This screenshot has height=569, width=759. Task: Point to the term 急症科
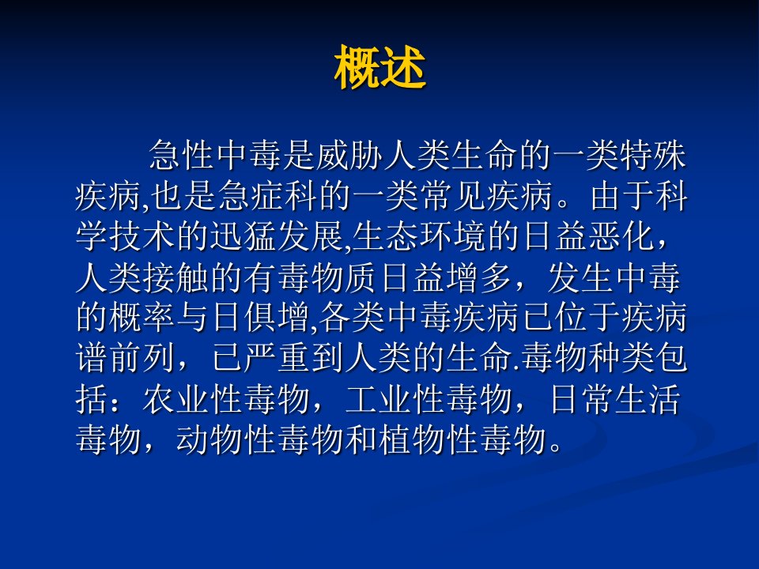pyautogui.click(x=269, y=197)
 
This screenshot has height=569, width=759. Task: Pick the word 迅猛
pyautogui.click(x=244, y=237)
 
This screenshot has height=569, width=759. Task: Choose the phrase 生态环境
pyautogui.click(x=419, y=237)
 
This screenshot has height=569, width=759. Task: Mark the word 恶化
pyautogui.click(x=621, y=237)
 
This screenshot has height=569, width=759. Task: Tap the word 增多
pyautogui.click(x=479, y=277)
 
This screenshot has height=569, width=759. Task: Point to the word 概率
pyautogui.click(x=126, y=318)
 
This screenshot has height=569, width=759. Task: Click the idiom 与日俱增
pyautogui.click(x=244, y=318)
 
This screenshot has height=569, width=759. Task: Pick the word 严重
pyautogui.click(x=278, y=359)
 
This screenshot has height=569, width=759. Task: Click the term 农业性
pyautogui.click(x=193, y=399)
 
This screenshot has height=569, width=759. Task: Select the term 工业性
pyautogui.click(x=395, y=399)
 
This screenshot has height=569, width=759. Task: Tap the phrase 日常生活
pyautogui.click(x=615, y=399)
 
